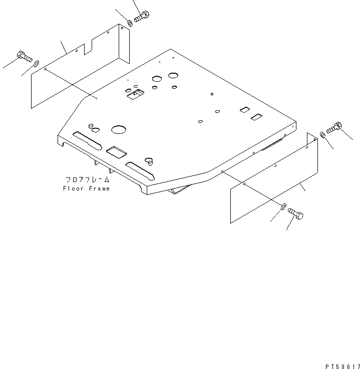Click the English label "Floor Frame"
[86, 189]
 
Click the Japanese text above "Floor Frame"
[87, 180]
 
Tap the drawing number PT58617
[342, 366]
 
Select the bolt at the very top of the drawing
[142, 16]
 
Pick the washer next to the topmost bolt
[130, 23]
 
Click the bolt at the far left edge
[25, 57]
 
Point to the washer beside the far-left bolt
[37, 64]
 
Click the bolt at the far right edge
[334, 128]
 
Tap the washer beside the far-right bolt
[322, 134]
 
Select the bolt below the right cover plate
[295, 214]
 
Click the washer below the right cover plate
[283, 207]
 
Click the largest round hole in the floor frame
[119, 129]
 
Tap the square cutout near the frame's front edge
[117, 152]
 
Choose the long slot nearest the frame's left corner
[88, 141]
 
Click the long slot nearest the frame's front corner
[140, 171]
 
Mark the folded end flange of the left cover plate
[124, 44]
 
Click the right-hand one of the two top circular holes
[173, 75]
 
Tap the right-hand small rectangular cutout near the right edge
[256, 117]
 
